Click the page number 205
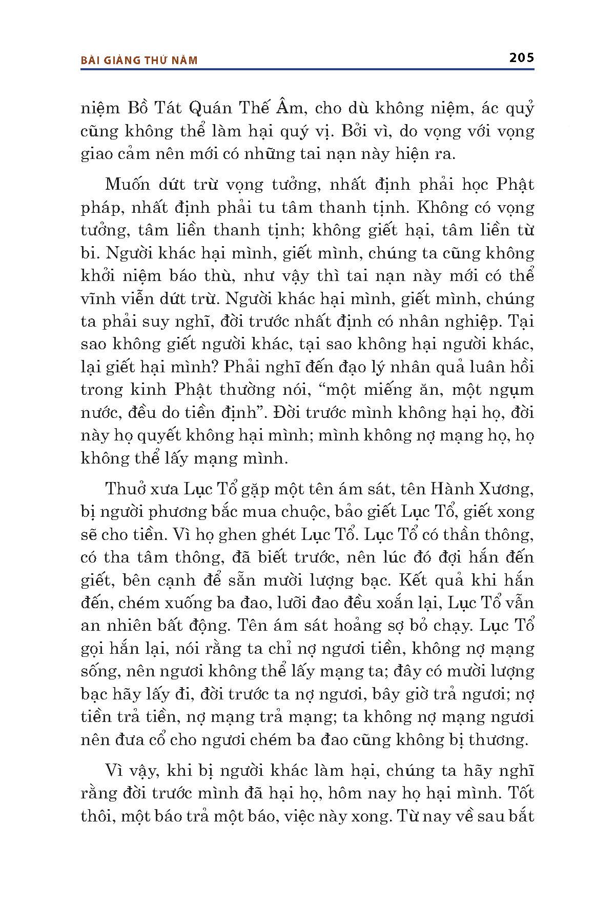click(521, 57)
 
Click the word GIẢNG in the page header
click(121, 61)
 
